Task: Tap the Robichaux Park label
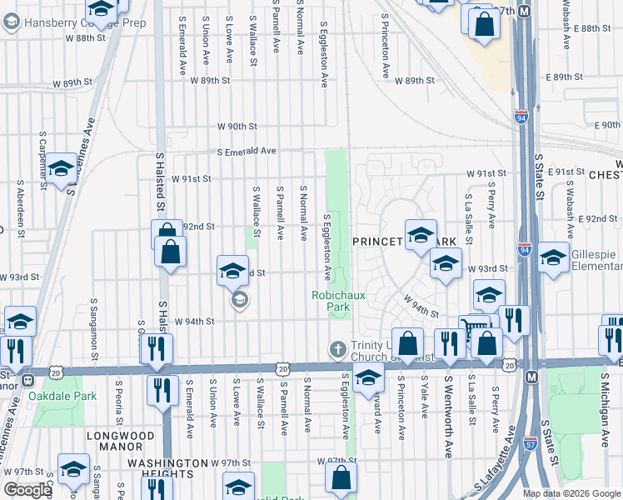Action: coord(331,300)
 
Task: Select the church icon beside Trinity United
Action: coord(337,348)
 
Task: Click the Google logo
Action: coord(27,490)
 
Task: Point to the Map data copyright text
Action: coord(571,493)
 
